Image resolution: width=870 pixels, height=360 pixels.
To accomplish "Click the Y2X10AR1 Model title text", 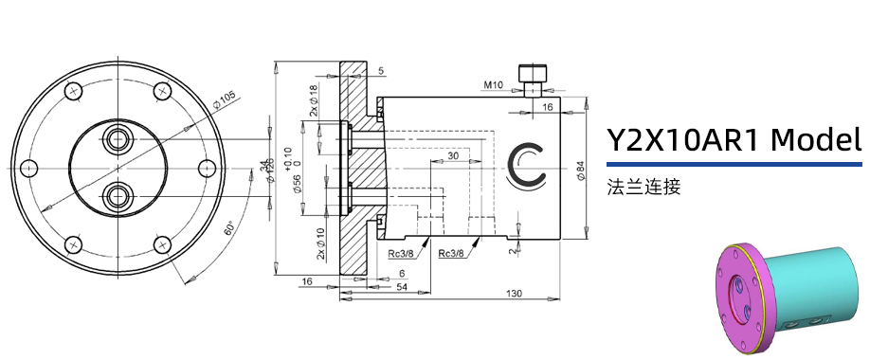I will pyautogui.click(x=734, y=141).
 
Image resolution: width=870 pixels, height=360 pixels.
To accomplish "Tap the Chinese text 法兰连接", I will pyautogui.click(x=644, y=187).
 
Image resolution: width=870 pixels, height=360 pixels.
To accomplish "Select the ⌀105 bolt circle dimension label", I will pyautogui.click(x=224, y=99).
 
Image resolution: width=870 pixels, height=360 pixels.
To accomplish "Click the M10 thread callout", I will pyautogui.click(x=493, y=85).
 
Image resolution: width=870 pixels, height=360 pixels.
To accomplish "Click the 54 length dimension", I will pyautogui.click(x=401, y=286).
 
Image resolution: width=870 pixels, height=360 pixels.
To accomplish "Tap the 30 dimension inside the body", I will pyautogui.click(x=453, y=155).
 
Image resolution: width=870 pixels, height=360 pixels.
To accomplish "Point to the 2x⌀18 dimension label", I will pyautogui.click(x=314, y=99).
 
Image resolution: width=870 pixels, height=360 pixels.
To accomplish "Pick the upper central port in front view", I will pyautogui.click(x=119, y=138).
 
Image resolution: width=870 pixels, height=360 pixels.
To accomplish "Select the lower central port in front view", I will pyautogui.click(x=119, y=197).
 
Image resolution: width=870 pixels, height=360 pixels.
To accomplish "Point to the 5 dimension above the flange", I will pyautogui.click(x=380, y=71).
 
